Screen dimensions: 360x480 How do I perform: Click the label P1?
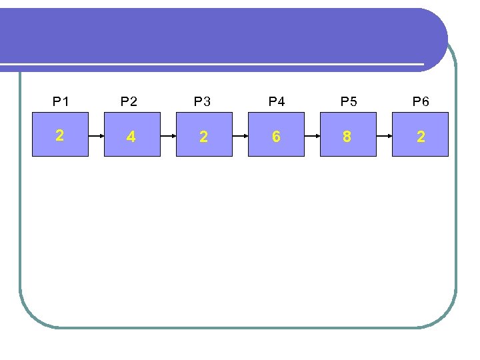pyautogui.click(x=61, y=102)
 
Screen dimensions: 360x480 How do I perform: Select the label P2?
pyautogui.click(x=129, y=102)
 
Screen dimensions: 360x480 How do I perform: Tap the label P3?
pyautogui.click(x=202, y=102)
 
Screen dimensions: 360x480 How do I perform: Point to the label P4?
pyautogui.click(x=276, y=102)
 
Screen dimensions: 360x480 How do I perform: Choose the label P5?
pyautogui.click(x=349, y=102)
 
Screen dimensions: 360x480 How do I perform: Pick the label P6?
pyautogui.click(x=421, y=102)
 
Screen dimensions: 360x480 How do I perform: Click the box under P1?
pyautogui.click(x=61, y=134)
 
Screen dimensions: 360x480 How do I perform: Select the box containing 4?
pyautogui.click(x=132, y=134)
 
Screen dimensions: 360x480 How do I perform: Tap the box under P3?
pyautogui.click(x=204, y=134)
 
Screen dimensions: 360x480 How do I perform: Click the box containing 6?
pyautogui.click(x=276, y=134)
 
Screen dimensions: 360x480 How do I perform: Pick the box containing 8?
pyautogui.click(x=348, y=134)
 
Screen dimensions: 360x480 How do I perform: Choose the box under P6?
pyautogui.click(x=420, y=134)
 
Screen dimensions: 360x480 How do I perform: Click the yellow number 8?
pyautogui.click(x=347, y=137)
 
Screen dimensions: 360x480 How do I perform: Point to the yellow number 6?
pyautogui.click(x=276, y=137)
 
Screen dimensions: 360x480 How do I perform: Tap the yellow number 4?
pyautogui.click(x=131, y=137)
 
